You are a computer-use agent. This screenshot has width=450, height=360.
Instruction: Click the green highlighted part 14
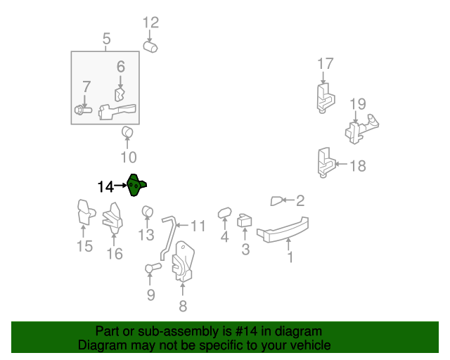pyautogui.click(x=135, y=186)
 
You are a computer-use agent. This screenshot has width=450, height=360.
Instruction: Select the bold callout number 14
pyautogui.click(x=105, y=186)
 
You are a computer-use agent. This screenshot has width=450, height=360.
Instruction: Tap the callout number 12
pyautogui.click(x=150, y=22)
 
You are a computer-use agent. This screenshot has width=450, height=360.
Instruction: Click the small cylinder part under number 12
pyautogui.click(x=150, y=47)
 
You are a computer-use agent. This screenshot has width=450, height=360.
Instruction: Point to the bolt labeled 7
pyautogui.click(x=83, y=110)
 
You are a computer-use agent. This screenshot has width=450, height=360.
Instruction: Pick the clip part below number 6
pyautogui.click(x=120, y=95)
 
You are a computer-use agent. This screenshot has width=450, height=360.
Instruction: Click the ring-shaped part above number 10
pyautogui.click(x=127, y=131)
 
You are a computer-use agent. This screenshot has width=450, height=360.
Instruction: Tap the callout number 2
pyautogui.click(x=300, y=200)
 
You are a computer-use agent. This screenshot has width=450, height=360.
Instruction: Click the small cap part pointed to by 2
pyautogui.click(x=276, y=201)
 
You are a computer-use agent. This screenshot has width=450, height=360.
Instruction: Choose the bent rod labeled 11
pyautogui.click(x=169, y=237)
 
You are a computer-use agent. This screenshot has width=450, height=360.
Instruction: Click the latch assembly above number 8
pyautogui.click(x=183, y=261)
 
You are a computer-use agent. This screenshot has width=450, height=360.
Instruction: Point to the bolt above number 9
pyautogui.click(x=153, y=268)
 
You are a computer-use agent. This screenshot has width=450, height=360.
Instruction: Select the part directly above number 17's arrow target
pyautogui.click(x=325, y=98)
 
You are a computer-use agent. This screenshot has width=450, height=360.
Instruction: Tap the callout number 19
pyautogui.click(x=358, y=104)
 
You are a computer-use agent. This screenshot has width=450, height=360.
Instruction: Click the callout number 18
pyautogui.click(x=358, y=166)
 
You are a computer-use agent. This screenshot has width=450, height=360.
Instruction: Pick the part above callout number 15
pyautogui.click(x=85, y=212)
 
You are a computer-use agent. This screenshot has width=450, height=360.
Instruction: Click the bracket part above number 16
pyautogui.click(x=112, y=217)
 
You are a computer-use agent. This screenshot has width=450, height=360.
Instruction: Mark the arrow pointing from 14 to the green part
pyautogui.click(x=120, y=186)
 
